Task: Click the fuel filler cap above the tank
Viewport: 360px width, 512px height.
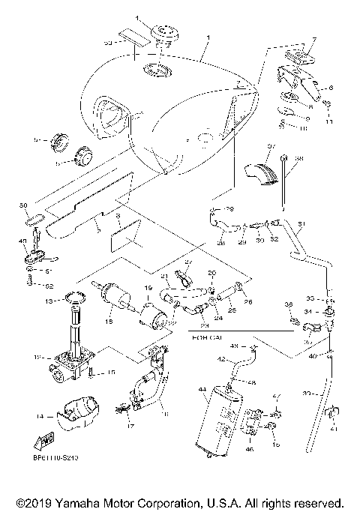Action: tap(162, 34)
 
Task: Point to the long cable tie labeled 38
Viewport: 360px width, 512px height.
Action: tap(286, 180)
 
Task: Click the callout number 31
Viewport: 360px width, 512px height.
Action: tap(302, 224)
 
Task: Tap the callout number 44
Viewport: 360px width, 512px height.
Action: tap(201, 391)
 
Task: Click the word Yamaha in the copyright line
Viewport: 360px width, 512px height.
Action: tap(73, 502)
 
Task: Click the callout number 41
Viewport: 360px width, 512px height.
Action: tap(333, 428)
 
